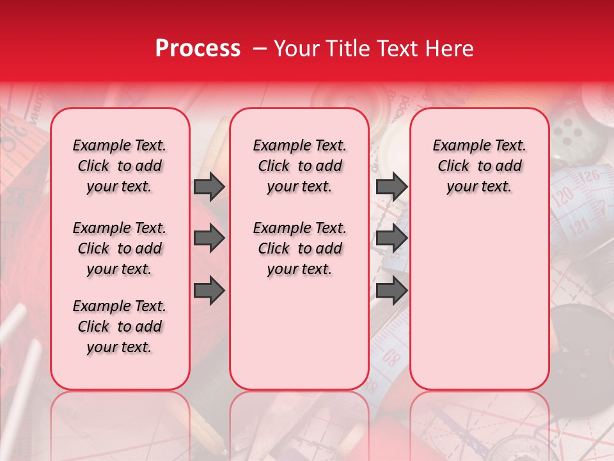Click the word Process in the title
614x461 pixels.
197,49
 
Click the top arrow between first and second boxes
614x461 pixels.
209,187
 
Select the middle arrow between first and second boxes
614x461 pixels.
209,239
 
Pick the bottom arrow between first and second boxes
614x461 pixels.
209,291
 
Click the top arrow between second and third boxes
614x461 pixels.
391,187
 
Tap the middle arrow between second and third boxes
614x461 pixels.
391,239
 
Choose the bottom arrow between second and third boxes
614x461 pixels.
391,291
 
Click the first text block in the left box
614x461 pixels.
120,166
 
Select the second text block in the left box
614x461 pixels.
120,248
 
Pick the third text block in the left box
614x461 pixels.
120,327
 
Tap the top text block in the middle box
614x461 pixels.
299,166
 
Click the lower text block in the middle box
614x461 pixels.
299,248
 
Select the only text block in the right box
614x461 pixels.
479,166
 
